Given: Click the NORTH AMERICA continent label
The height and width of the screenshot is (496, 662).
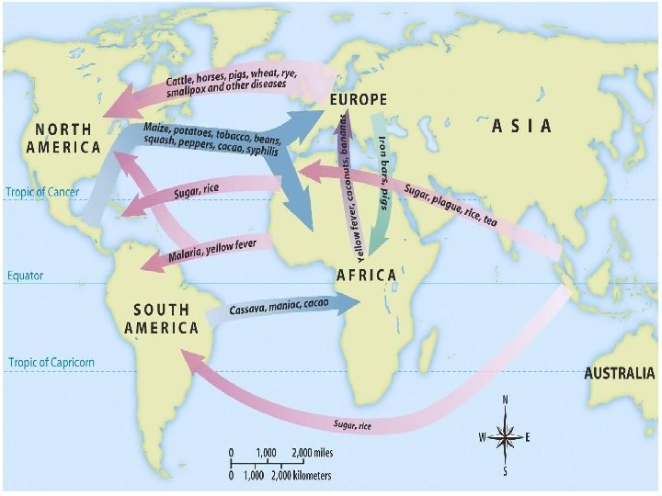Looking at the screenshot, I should [x=63, y=139].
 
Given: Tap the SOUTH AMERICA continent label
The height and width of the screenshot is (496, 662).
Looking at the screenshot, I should [x=162, y=319].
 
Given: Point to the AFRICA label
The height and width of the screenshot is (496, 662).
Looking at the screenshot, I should [x=366, y=275].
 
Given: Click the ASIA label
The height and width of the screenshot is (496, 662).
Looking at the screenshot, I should [x=521, y=126].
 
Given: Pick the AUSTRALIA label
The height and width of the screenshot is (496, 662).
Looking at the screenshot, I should [x=620, y=374].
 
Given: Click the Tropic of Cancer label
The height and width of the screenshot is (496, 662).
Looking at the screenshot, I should [x=42, y=193].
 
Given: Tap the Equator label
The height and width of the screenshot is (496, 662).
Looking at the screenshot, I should [x=25, y=276].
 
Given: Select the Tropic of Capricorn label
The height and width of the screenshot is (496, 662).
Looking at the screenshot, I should [x=51, y=363].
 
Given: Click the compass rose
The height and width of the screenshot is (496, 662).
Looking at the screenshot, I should [x=505, y=437].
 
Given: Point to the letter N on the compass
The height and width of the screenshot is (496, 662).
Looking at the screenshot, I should [x=505, y=400].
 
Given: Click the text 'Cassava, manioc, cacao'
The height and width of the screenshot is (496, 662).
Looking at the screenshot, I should [x=279, y=306].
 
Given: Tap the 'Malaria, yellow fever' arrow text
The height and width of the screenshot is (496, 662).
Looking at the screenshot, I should [x=212, y=251].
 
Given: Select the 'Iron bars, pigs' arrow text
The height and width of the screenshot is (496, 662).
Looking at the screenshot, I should [x=382, y=162].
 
